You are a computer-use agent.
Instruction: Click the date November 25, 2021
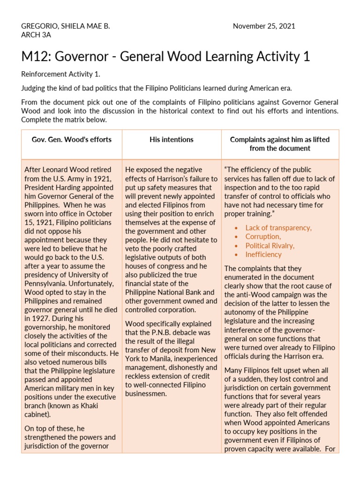(x=264, y=26)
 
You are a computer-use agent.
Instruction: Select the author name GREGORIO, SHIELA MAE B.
(x=66, y=26)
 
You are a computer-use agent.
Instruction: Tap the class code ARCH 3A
(x=36, y=35)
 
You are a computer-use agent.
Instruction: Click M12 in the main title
(x=37, y=57)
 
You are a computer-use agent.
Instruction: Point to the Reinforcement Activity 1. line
(x=61, y=74)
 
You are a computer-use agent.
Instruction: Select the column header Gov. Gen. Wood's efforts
(x=72, y=140)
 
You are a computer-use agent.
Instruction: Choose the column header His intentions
(x=172, y=140)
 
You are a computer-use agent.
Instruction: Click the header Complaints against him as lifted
(x=280, y=140)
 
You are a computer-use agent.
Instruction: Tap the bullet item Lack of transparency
(x=278, y=228)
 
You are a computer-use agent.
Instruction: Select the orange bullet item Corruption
(x=263, y=237)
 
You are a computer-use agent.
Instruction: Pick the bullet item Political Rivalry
(x=270, y=246)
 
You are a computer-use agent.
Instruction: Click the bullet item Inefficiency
(x=263, y=255)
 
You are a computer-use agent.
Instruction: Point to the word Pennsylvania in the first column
(x=45, y=284)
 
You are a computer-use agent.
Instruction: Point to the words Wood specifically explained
(x=168, y=324)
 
